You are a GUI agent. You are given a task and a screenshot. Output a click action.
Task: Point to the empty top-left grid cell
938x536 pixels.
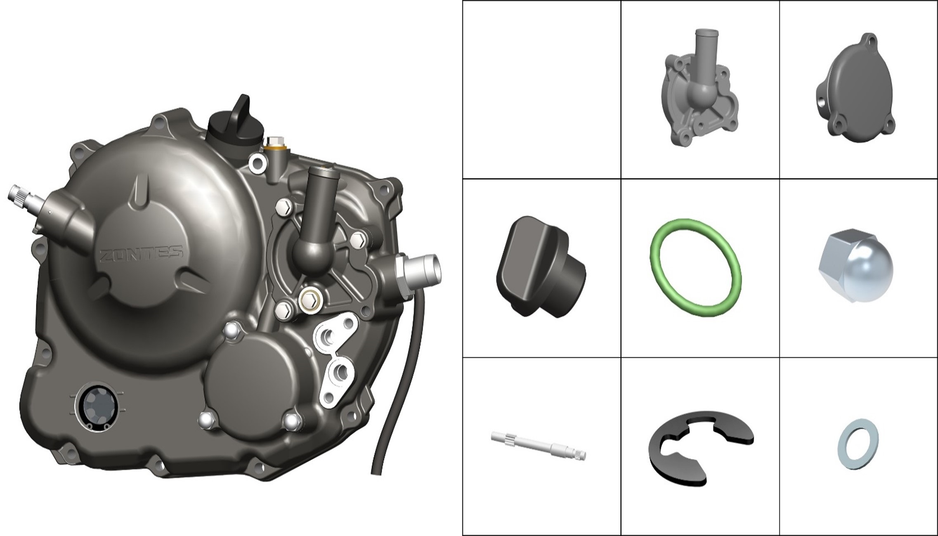click(x=541, y=90)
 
